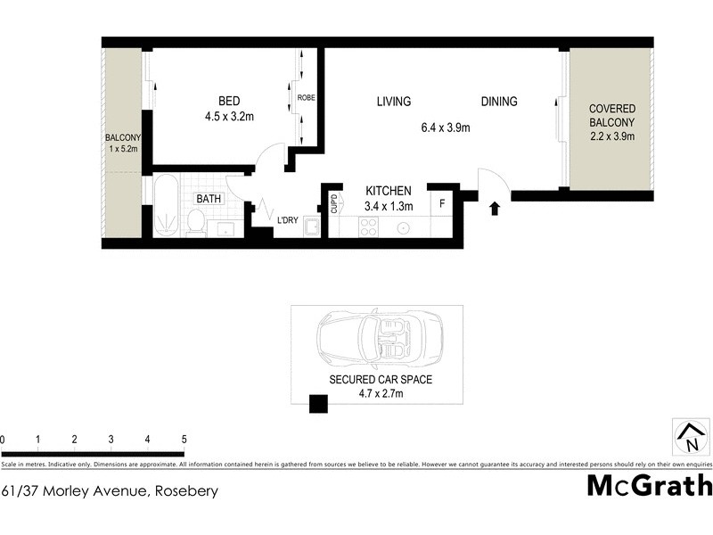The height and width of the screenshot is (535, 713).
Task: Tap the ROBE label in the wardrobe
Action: [x=306, y=97]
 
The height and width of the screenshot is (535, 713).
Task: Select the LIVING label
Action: [x=394, y=102]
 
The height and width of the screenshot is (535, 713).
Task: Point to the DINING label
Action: [x=499, y=102]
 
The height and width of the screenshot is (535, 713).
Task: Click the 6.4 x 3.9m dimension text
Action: [x=446, y=128]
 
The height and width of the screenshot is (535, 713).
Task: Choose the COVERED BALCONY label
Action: [x=611, y=117]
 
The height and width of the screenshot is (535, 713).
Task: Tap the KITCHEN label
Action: [x=389, y=191]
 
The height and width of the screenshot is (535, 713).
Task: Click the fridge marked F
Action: [x=442, y=203]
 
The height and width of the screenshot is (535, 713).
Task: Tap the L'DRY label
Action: [x=286, y=219]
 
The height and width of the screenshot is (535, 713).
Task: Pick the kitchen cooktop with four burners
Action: [x=367, y=226]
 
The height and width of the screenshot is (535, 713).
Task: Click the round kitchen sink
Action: [x=404, y=227]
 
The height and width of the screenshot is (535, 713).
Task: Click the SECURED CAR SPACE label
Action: [x=381, y=379]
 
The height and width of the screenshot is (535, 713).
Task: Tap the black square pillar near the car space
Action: [x=318, y=405]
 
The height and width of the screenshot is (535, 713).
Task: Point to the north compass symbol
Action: [x=690, y=436]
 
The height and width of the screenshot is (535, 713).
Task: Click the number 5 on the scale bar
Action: [x=184, y=440]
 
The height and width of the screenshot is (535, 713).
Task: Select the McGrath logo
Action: [x=650, y=485]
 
